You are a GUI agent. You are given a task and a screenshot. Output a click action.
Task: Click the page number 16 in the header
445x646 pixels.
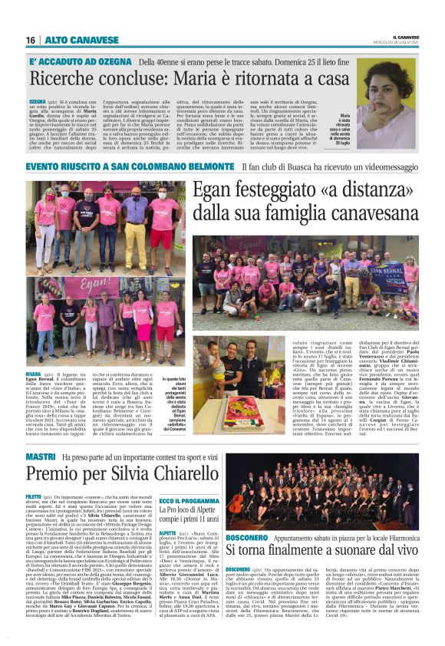(31, 40)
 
